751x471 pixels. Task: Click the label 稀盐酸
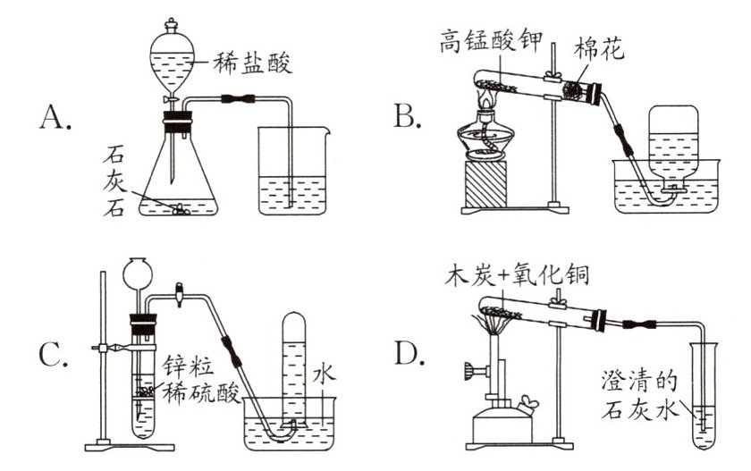(x=252, y=63)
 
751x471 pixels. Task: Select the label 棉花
(x=599, y=48)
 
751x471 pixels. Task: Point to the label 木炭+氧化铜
(x=517, y=274)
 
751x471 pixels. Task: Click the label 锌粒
(x=188, y=366)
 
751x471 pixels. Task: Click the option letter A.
(x=55, y=117)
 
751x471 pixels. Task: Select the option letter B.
(x=407, y=116)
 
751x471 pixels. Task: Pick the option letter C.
(x=53, y=355)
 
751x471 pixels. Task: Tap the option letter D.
(x=409, y=353)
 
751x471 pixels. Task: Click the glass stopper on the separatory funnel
(x=171, y=25)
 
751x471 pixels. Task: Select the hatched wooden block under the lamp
(x=485, y=184)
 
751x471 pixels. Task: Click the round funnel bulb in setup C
(x=138, y=273)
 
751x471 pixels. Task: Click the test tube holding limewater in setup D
(x=704, y=396)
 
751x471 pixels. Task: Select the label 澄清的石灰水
(x=640, y=396)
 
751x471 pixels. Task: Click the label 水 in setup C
(x=325, y=374)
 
